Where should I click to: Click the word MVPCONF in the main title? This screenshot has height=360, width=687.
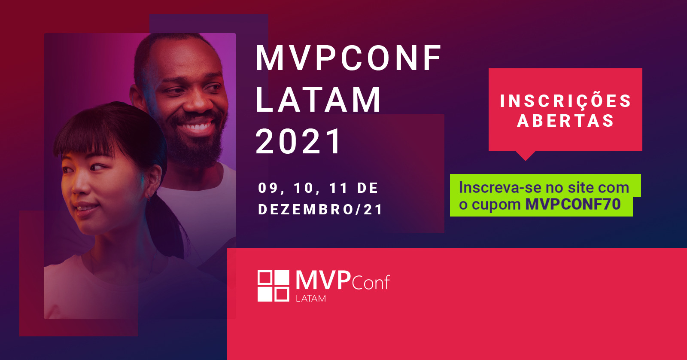tap(348, 58)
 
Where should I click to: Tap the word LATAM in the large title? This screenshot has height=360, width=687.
tap(318, 99)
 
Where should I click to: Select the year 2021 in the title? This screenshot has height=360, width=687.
tap(298, 141)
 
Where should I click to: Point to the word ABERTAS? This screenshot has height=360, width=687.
tap(566, 120)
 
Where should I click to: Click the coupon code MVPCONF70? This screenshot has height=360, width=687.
tap(573, 204)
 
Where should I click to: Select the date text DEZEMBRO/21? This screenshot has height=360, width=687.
tap(320, 209)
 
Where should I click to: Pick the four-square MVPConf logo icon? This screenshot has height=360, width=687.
tap(273, 286)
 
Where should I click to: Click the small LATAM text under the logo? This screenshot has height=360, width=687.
tap(311, 298)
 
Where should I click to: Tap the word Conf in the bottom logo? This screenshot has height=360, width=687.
tap(371, 282)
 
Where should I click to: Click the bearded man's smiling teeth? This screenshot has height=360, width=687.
tap(195, 126)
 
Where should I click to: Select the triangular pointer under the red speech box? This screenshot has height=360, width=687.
tap(526, 156)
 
